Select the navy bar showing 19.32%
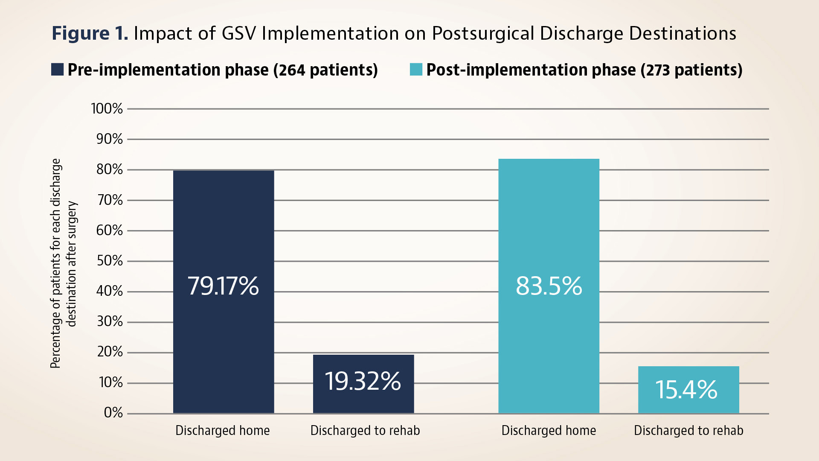[x=363, y=384]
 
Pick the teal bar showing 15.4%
[x=688, y=389]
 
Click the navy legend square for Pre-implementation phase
[x=58, y=70]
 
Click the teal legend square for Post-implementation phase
[x=416, y=70]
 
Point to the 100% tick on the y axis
[x=107, y=109]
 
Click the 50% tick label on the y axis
[x=110, y=261]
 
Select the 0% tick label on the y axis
[x=113, y=413]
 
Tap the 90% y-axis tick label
[x=110, y=139]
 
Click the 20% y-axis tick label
[x=110, y=352]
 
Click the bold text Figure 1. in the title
[x=90, y=33]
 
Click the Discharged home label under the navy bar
[x=223, y=430]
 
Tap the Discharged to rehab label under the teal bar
[x=688, y=430]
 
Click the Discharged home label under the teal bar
[x=549, y=430]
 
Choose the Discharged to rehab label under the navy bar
[x=365, y=430]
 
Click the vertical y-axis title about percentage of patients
[x=63, y=263]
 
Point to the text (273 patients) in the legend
[x=691, y=70]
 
